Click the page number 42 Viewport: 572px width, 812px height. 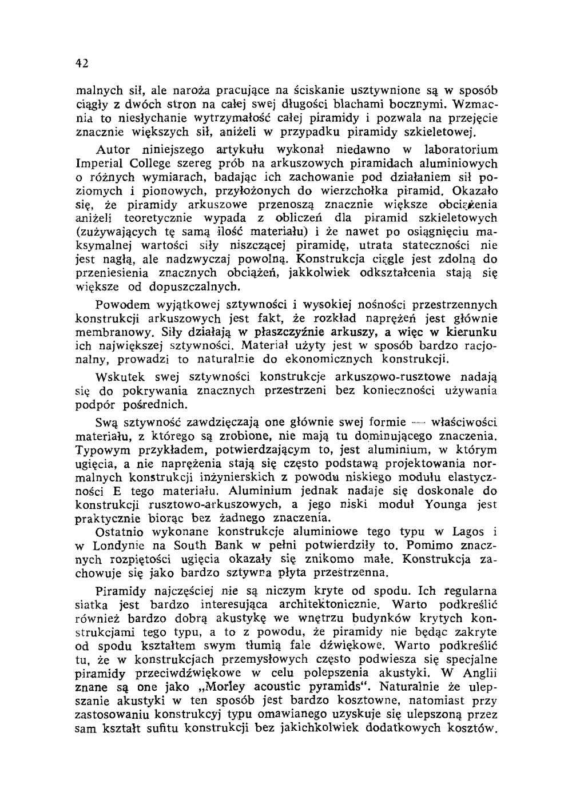pyautogui.click(x=81, y=63)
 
